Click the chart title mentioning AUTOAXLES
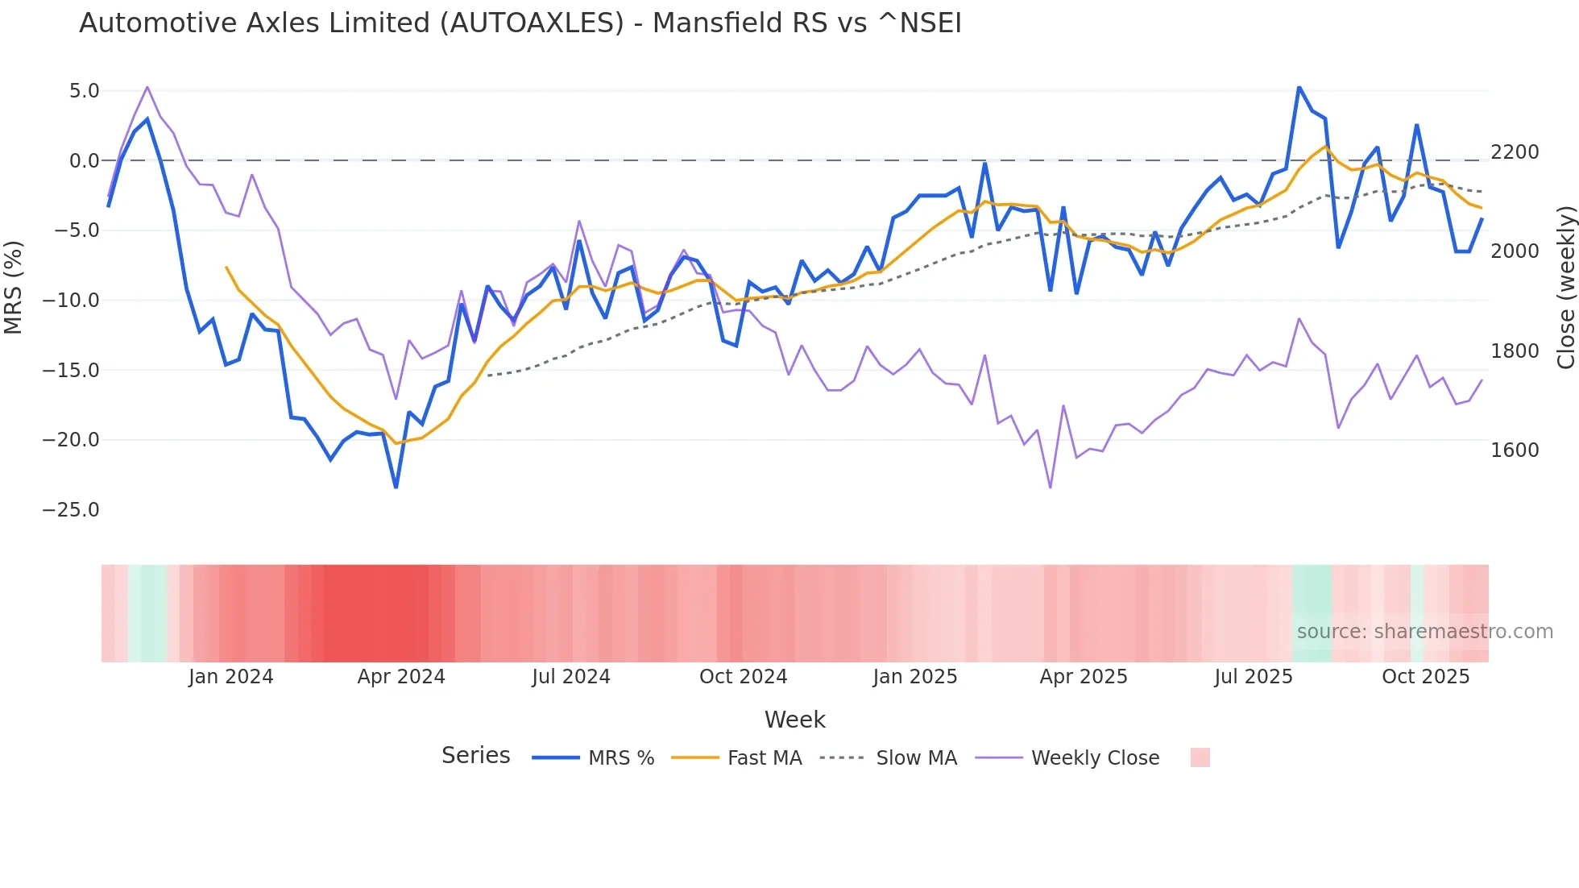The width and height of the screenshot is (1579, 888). tap(520, 23)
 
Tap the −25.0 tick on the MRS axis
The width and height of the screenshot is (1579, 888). tap(71, 510)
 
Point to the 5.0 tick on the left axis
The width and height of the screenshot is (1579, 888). tap(84, 91)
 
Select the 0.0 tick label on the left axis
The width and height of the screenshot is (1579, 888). tap(84, 161)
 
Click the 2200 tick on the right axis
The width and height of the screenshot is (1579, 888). tap(1515, 152)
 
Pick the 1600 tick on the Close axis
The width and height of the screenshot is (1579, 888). tap(1515, 450)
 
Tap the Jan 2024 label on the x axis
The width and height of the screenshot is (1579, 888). tap(231, 677)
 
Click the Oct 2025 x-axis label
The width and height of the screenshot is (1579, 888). tap(1425, 677)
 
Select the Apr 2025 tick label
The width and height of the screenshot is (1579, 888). tap(1084, 677)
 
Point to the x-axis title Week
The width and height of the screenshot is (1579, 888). tap(794, 720)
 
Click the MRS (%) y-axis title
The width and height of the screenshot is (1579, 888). tap(14, 288)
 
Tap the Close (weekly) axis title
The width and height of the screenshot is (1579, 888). tap(1565, 288)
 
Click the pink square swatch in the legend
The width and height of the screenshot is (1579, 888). tap(1200, 757)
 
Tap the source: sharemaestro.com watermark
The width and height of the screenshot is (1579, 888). tap(1424, 632)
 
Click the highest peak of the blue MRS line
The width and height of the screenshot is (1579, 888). tap(1299, 87)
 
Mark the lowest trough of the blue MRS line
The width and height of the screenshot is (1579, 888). tap(396, 487)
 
